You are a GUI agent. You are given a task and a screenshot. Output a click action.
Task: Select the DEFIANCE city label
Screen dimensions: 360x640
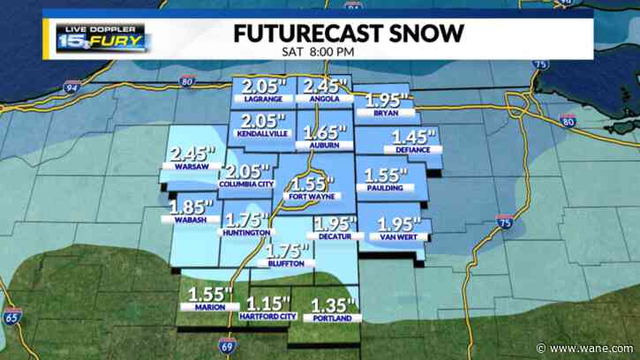click(412, 150)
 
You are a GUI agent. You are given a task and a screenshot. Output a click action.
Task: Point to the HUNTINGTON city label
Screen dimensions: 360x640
click(246, 233)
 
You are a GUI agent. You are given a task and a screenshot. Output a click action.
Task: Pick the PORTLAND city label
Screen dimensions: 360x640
click(330, 318)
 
